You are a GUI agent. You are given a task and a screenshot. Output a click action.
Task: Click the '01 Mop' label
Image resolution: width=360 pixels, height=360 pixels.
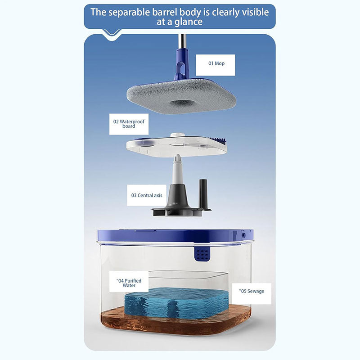click(216, 63)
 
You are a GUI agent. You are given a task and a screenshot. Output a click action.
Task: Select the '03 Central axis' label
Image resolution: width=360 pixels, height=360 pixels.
click(147, 195)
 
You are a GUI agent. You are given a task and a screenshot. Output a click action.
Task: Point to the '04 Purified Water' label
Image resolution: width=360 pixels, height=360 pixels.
click(129, 283)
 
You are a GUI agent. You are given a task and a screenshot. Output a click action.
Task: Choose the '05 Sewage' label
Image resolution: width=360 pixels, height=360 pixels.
click(252, 291)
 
